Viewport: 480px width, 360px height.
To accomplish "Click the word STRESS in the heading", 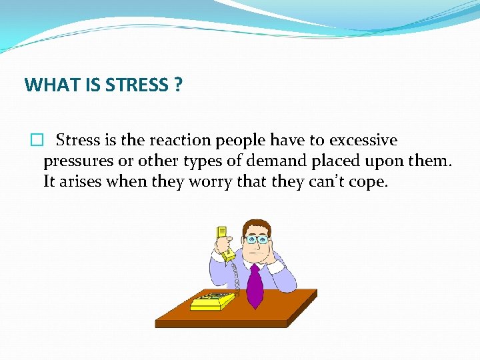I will pos(136,85).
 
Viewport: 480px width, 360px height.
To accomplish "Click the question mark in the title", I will pos(177,85).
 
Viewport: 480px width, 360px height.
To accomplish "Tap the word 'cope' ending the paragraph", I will pos(368,183).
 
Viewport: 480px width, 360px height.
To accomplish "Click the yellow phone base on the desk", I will pos(212,301).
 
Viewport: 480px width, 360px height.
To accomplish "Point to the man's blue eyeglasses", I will pos(257,239).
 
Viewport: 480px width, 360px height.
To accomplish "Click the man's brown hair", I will pos(255,223).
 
